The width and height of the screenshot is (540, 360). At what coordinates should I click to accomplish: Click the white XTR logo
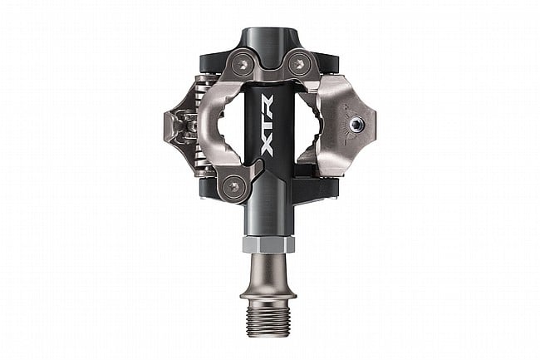point(268,126)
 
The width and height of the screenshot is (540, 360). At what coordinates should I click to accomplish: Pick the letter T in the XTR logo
point(268,126)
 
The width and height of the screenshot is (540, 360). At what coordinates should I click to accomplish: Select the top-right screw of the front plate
point(297,63)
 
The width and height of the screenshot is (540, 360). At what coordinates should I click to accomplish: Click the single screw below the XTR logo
point(233,187)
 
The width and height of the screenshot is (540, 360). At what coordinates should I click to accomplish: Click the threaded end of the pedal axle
point(265,318)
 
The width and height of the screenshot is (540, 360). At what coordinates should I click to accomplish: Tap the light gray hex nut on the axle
point(269,244)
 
